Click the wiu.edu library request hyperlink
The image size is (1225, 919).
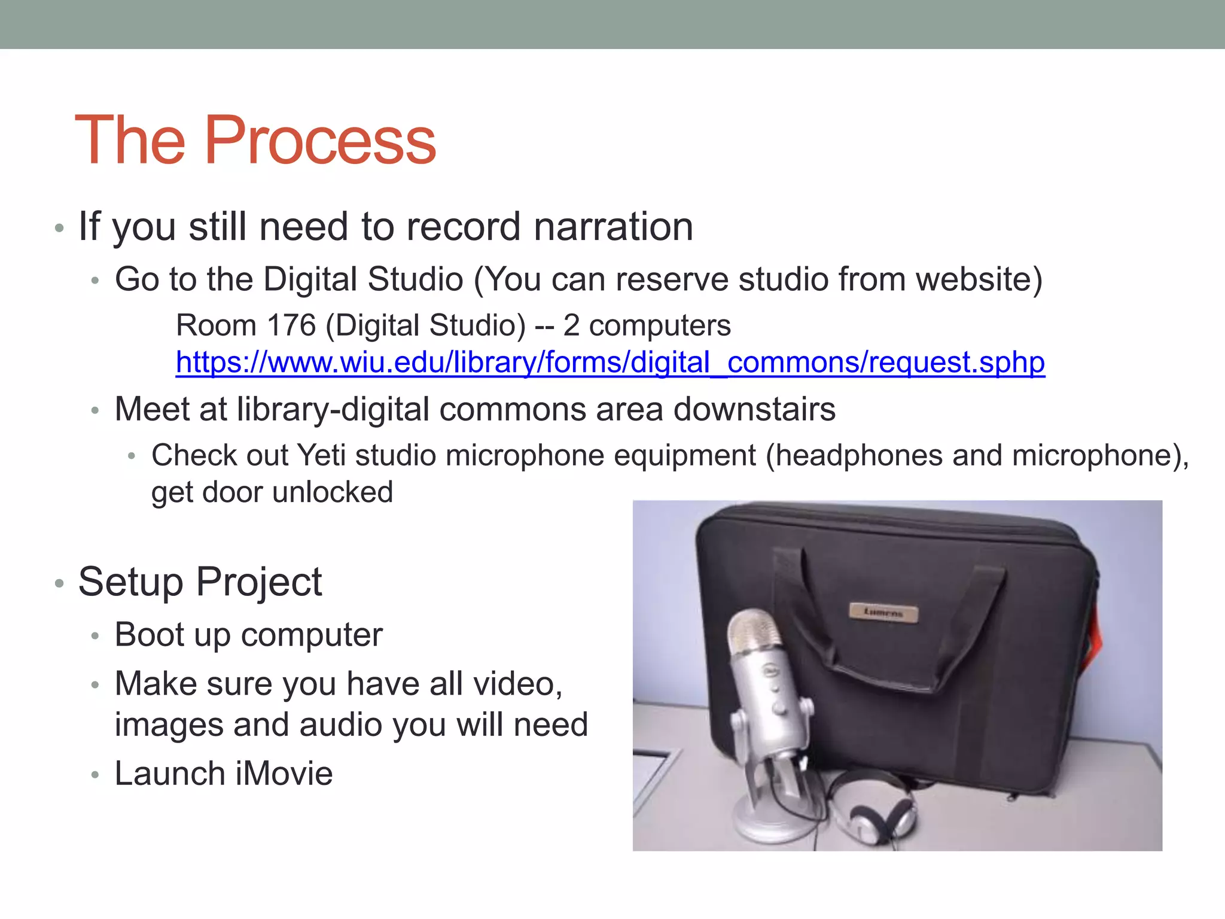click(610, 363)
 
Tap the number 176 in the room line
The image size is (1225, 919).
click(291, 325)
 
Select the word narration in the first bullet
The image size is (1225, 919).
click(613, 227)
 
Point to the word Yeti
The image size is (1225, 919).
click(321, 455)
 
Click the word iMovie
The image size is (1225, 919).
click(284, 774)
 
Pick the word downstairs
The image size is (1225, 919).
click(754, 410)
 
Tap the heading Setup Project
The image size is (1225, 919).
click(200, 582)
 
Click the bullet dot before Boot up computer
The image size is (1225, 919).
click(95, 637)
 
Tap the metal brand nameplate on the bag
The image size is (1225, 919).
click(883, 612)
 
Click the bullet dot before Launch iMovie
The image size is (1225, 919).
click(95, 775)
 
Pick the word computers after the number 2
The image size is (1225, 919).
click(660, 325)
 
